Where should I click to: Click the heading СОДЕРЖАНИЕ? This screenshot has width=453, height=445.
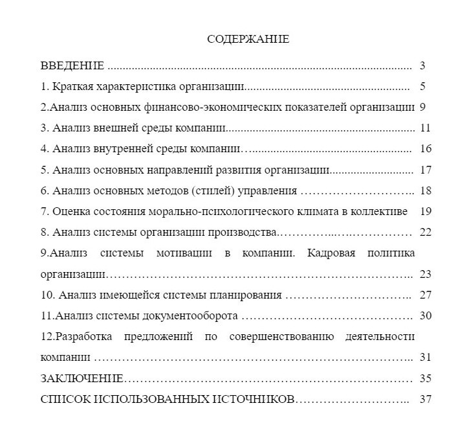[248, 40]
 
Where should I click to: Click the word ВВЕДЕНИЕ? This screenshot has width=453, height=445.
[72, 65]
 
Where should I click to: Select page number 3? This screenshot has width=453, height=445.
[422, 65]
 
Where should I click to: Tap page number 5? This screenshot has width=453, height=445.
[422, 86]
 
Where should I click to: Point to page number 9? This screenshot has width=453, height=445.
[422, 107]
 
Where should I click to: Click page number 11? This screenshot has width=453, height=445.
[425, 128]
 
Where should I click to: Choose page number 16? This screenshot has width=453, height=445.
[425, 148]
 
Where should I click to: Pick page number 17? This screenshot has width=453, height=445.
[425, 170]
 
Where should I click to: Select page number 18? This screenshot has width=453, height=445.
[425, 190]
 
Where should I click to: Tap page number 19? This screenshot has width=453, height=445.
[425, 211]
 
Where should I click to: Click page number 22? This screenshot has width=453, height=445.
[425, 232]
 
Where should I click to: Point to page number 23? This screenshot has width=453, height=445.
[425, 273]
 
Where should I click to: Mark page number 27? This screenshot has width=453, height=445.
[425, 295]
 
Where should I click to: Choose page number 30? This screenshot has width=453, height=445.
[425, 315]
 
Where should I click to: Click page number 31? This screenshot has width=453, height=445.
[425, 357]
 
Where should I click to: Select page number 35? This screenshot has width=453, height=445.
[425, 378]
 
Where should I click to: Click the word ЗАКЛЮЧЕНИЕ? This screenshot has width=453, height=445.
[82, 378]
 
